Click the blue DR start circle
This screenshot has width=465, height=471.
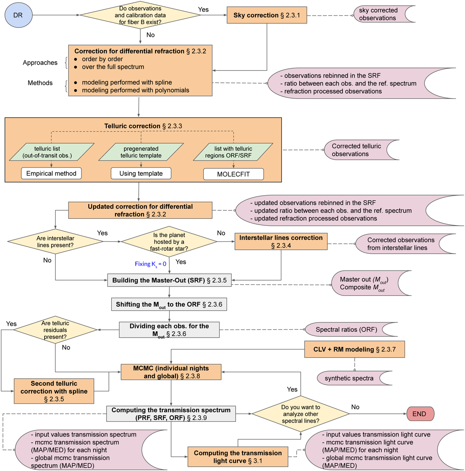18,15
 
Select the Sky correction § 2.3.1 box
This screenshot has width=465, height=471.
267,15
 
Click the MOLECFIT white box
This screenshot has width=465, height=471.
233,174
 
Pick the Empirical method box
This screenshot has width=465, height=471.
51,174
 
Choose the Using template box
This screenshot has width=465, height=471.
141,174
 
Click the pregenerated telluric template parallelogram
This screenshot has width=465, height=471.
141,152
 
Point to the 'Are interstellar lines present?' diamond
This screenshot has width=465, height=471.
55,241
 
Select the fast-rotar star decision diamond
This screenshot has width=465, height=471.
169,242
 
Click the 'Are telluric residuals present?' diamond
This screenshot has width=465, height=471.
55,330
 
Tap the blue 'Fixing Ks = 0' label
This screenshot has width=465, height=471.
150,264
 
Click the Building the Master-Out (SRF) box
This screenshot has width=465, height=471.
169,280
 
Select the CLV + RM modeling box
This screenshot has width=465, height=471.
354,349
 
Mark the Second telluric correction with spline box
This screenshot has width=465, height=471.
54,391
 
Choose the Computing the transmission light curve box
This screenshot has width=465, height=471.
238,457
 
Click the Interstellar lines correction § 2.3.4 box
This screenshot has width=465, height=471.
281,241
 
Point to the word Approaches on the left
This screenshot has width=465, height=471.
40,63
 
